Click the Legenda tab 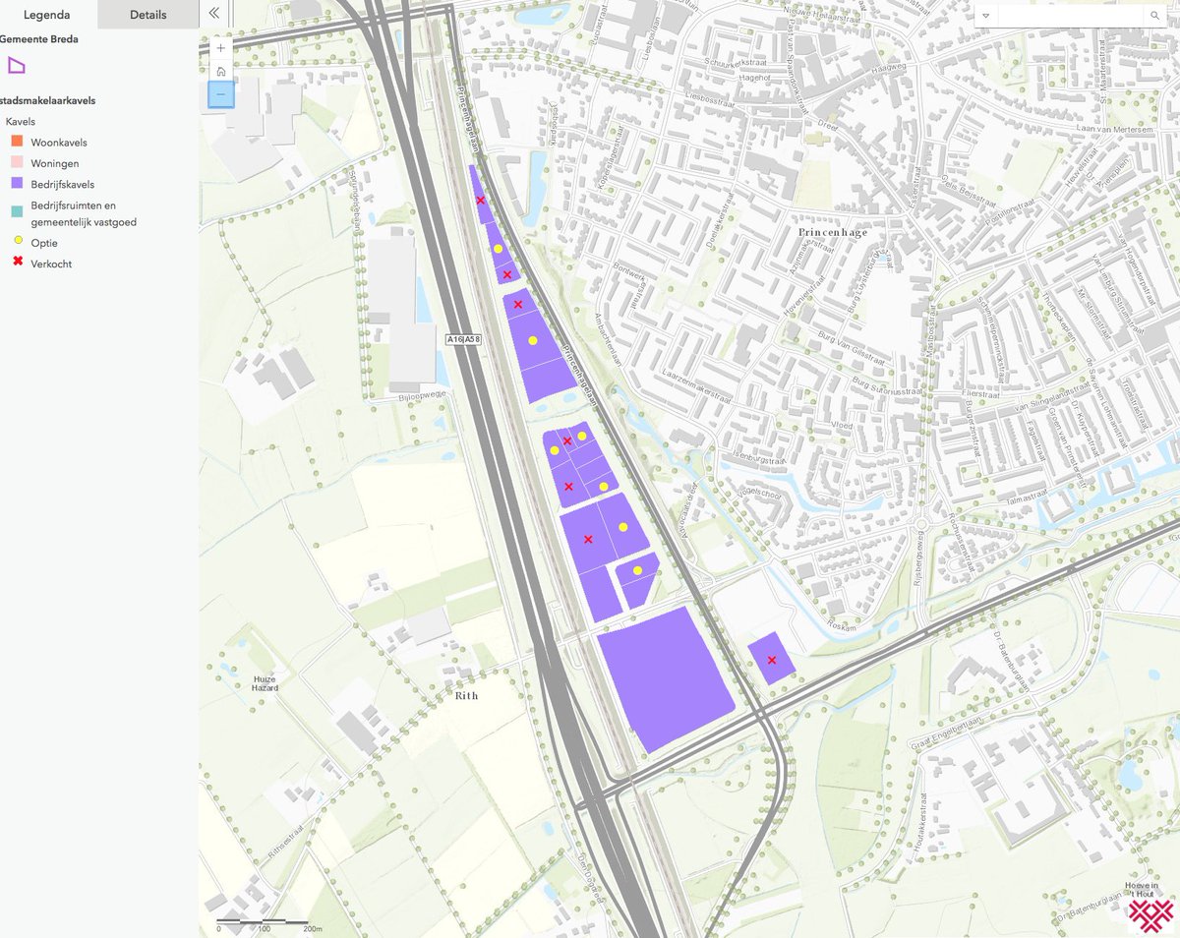click(46, 15)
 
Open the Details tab click(147, 15)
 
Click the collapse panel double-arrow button click(214, 14)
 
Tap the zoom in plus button click(221, 47)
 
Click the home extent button click(221, 71)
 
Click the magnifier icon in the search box click(1154, 16)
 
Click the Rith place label click(466, 695)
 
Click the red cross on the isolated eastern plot click(772, 660)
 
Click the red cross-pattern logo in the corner click(1150, 911)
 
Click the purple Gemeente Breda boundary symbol click(16, 66)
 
